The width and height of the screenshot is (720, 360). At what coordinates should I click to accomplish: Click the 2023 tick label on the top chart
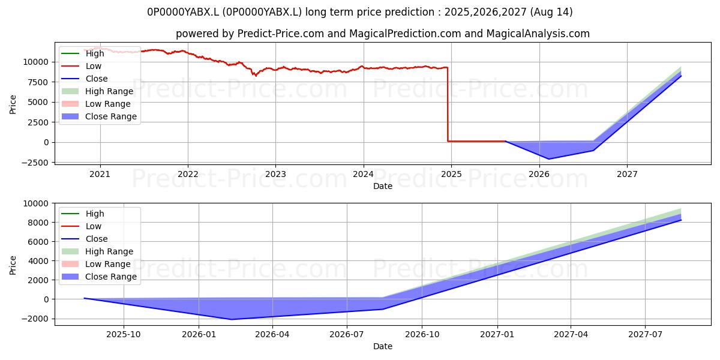tap(275, 174)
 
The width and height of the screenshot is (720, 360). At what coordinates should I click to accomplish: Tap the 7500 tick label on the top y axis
tap(35, 82)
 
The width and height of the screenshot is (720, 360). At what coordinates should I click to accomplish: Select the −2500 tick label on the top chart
tap(35, 163)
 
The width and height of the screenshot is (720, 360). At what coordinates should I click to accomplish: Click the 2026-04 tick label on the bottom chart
tap(272, 335)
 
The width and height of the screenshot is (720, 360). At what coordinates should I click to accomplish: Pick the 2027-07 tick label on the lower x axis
tap(645, 335)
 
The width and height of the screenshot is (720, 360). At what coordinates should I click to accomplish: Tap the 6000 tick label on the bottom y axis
tap(38, 242)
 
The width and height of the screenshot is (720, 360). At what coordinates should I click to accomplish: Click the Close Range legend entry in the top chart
tap(99, 116)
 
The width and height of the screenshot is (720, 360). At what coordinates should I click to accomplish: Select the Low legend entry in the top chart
tap(82, 66)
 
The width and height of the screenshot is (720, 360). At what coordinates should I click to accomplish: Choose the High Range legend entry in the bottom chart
tap(97, 251)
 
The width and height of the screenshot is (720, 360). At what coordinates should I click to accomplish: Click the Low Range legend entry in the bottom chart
tap(96, 264)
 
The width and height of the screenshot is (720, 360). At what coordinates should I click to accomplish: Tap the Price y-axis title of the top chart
tap(13, 104)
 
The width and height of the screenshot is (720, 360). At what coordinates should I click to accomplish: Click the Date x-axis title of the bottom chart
tap(383, 346)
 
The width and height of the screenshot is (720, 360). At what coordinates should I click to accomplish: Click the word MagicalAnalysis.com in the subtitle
tap(538, 34)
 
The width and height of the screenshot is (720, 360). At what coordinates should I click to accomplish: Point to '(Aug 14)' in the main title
tap(551, 12)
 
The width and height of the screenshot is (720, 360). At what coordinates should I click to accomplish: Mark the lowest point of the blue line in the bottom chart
tap(231, 319)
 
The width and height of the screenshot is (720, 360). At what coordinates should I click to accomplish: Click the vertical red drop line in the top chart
tap(448, 104)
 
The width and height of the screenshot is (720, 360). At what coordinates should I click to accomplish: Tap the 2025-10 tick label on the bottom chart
tap(124, 335)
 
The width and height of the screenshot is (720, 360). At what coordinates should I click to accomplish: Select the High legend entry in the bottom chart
tap(83, 214)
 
